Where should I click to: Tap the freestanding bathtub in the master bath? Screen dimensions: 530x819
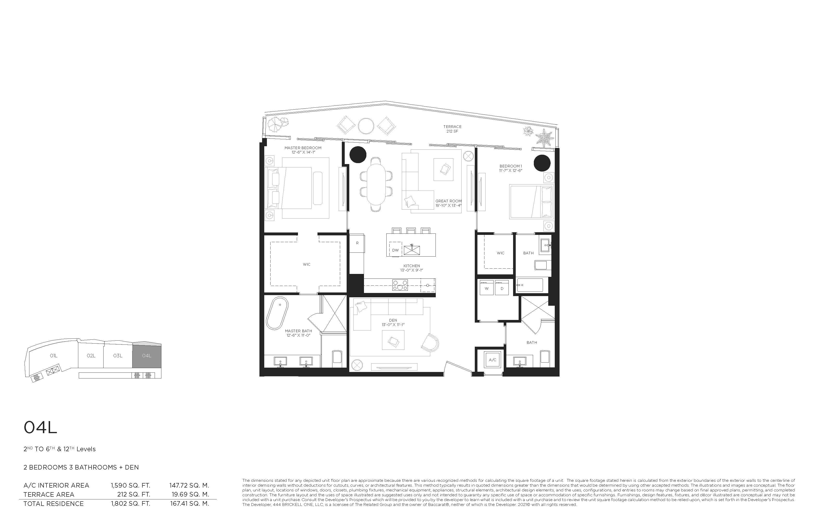(277, 313)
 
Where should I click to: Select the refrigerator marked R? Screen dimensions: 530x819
(357, 243)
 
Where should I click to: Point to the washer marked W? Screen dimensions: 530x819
(487, 288)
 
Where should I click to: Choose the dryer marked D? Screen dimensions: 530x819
(502, 288)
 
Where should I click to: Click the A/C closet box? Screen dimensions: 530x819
(492, 360)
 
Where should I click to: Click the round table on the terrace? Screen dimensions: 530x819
(366, 126)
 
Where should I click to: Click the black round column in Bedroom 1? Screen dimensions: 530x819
(542, 163)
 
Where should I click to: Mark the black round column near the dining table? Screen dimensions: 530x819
(358, 154)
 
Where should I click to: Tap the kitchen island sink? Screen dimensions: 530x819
(412, 250)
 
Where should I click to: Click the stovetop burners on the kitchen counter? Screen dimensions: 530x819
(400, 285)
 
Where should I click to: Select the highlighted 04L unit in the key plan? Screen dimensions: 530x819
(147, 356)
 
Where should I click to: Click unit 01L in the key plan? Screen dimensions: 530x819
(53, 356)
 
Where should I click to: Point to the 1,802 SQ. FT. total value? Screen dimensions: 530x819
(130, 503)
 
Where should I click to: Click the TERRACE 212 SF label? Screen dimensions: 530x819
(452, 129)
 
